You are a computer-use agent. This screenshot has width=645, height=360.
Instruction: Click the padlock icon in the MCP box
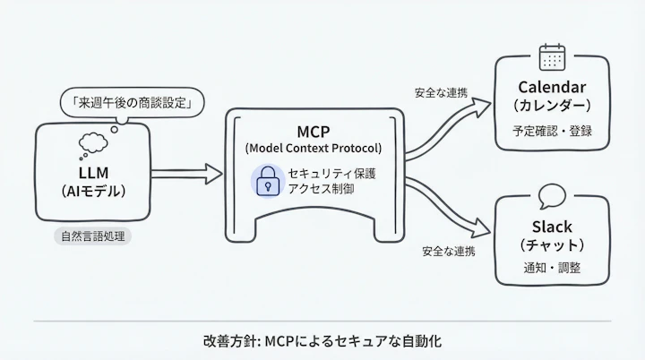tap(265, 181)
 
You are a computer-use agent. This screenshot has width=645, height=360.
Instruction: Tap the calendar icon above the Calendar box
tap(552, 57)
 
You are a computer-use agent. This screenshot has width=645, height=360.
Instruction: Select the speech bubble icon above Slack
tap(552, 194)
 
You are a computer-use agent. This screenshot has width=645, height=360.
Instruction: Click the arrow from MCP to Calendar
tap(448, 125)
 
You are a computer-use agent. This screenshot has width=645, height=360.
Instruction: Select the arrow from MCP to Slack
tap(448, 215)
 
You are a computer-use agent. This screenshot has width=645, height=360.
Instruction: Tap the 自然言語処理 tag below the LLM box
tap(93, 237)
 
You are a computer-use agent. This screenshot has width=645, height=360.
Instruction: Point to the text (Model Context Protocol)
tap(313, 148)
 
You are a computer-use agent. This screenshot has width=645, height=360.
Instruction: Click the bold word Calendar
tap(552, 87)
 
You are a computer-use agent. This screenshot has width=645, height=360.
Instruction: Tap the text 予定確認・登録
tap(552, 131)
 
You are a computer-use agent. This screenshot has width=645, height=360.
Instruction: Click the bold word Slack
tap(552, 227)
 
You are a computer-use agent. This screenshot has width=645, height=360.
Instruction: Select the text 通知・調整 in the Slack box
tap(552, 270)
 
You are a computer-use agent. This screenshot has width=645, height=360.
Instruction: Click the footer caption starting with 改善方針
tap(322, 341)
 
